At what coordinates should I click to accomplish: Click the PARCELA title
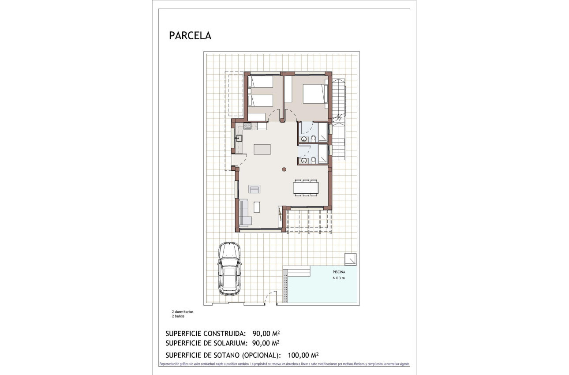pos(190,36)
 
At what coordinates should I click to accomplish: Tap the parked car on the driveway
pos(229,268)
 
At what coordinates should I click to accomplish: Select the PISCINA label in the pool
pos(339,272)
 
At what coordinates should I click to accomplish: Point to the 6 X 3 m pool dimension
pos(339,278)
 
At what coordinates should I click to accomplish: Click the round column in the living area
pos(284,169)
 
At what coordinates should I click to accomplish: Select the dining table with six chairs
pos(306,188)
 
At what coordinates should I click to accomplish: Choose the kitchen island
pos(262,149)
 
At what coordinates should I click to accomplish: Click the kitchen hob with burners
pos(248,126)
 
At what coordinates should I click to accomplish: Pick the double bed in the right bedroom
pos(314,94)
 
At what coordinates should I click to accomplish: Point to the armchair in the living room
pos(255,189)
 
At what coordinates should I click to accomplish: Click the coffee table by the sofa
pos(257,207)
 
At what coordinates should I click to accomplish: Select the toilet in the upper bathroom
pos(313,139)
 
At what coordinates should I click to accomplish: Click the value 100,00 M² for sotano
pos(303,355)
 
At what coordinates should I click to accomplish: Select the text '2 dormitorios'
pos(183,311)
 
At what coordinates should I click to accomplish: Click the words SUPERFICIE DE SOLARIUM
pos(205,343)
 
